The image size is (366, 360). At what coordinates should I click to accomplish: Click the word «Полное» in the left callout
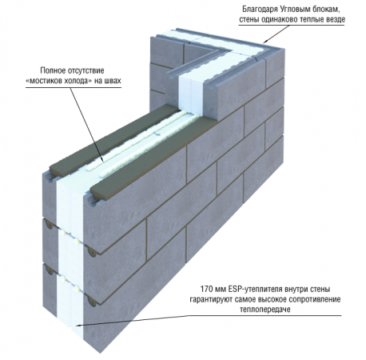53,70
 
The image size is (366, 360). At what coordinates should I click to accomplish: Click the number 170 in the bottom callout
206,289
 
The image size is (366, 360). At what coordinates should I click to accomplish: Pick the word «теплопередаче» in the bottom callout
265,310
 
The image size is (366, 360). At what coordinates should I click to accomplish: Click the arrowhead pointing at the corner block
265,42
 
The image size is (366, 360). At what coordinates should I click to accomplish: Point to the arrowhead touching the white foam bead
102,159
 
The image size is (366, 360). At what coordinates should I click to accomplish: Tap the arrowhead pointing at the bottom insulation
78,325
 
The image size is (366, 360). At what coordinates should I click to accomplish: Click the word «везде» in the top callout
337,20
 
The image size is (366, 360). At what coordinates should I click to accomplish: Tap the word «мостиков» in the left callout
45,81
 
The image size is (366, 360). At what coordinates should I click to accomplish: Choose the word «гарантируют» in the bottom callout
211,299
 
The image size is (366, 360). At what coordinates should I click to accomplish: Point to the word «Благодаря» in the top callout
260,10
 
